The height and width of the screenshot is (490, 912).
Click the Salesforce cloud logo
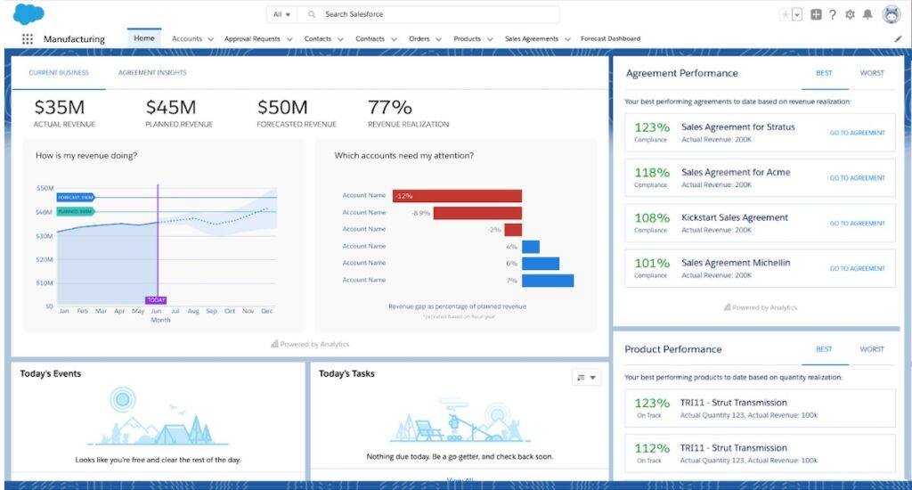click(x=28, y=14)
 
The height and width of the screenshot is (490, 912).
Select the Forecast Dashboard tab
click(x=610, y=39)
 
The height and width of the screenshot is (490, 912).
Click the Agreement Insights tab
click(x=152, y=73)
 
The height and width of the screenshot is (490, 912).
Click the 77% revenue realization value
click(x=389, y=108)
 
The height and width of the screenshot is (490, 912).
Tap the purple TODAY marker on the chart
click(x=156, y=300)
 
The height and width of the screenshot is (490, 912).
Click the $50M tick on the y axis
click(x=45, y=188)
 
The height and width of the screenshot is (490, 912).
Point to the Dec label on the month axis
click(x=267, y=312)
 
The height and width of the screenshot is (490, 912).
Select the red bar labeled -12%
click(x=457, y=196)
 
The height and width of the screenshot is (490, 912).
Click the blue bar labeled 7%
click(x=548, y=281)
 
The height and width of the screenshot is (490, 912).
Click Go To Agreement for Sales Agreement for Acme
click(x=857, y=178)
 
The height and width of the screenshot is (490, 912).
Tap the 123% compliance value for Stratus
click(x=651, y=127)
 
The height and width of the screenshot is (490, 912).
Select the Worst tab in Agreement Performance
click(x=872, y=73)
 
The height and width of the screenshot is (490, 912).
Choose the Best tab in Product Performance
click(x=824, y=349)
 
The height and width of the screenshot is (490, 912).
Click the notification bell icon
click(x=867, y=14)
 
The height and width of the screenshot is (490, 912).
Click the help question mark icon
click(x=833, y=14)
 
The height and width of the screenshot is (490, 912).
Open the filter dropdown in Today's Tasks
click(x=587, y=378)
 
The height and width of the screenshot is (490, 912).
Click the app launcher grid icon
click(x=28, y=39)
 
